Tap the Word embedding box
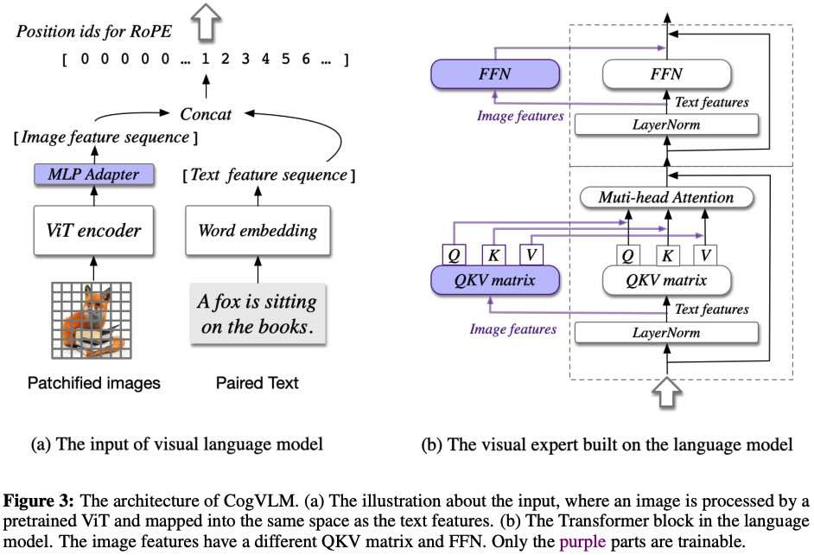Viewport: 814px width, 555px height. [x=257, y=230]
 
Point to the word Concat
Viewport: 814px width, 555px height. [x=206, y=113]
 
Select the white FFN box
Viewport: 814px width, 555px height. [x=665, y=75]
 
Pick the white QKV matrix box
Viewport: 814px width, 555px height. [x=665, y=280]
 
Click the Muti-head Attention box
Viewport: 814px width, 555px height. [x=666, y=197]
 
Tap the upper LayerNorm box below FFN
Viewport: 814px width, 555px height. [x=666, y=124]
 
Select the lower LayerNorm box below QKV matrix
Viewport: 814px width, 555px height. [x=666, y=331]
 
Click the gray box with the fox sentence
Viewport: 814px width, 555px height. [x=257, y=315]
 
